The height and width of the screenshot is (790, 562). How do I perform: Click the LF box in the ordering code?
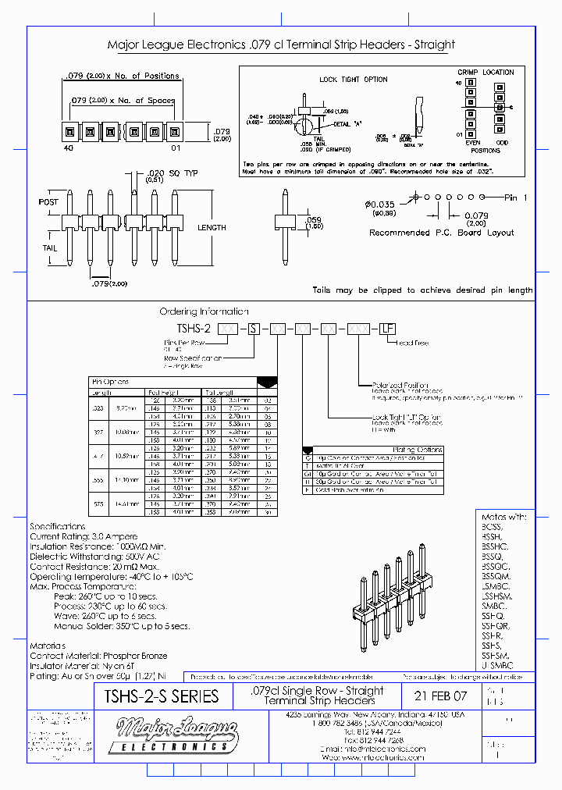tap(386, 329)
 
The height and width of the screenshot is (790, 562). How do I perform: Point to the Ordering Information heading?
tap(204, 311)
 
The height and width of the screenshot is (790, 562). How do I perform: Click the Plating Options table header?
tap(418, 450)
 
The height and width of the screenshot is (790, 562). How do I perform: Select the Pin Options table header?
tap(112, 382)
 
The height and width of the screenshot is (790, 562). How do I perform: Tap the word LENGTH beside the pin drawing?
tap(212, 227)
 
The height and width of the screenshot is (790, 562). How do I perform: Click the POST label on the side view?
tap(48, 202)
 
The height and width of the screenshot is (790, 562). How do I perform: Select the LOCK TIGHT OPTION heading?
tap(353, 80)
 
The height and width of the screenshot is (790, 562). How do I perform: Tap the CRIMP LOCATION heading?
tap(486, 72)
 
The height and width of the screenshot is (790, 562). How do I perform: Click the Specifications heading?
tap(58, 527)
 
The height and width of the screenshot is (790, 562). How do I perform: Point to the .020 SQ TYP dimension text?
tap(173, 173)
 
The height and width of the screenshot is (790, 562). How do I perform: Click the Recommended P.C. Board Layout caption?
tap(441, 233)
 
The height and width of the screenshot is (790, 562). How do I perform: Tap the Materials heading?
tap(48, 646)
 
